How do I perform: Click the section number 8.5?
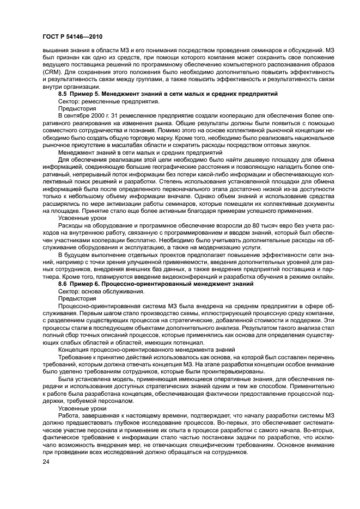(63, 94)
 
